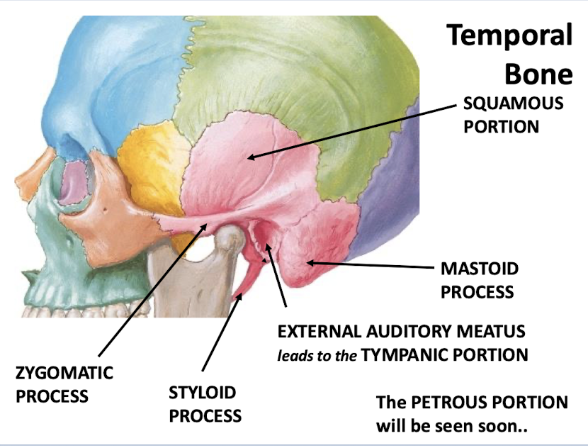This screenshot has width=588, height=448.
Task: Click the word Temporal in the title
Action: pos(509,35)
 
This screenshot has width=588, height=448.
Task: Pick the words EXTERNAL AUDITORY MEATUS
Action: pos(401,332)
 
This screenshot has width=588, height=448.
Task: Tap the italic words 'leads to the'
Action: pos(317,355)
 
